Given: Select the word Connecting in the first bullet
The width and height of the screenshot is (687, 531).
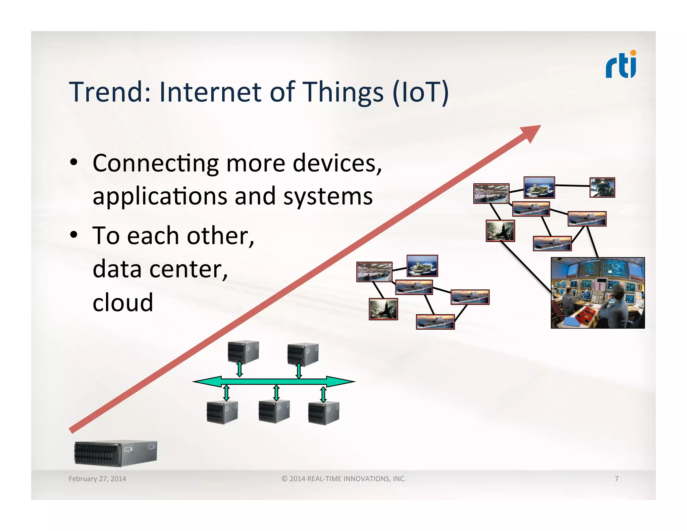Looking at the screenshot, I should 156,163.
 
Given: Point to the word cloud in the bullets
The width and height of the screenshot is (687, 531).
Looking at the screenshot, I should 123,302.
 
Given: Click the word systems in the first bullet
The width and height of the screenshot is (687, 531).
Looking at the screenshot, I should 328,196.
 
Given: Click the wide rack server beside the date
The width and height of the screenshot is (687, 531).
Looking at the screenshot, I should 116,453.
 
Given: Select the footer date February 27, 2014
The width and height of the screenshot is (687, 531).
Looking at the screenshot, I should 97,479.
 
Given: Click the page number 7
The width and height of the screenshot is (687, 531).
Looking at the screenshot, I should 617,479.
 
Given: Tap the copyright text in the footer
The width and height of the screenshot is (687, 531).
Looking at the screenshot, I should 343,479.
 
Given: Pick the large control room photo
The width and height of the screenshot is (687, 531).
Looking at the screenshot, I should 598,293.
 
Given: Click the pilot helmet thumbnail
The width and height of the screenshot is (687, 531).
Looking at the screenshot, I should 602,187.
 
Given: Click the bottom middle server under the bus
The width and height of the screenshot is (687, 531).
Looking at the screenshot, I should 274,412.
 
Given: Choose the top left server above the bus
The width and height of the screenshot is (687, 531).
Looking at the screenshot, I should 243,352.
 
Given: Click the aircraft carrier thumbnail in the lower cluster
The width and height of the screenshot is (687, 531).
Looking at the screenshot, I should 422,266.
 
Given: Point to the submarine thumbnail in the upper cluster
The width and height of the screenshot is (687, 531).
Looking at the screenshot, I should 500,231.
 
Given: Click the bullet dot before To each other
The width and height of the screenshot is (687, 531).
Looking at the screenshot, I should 74,235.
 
